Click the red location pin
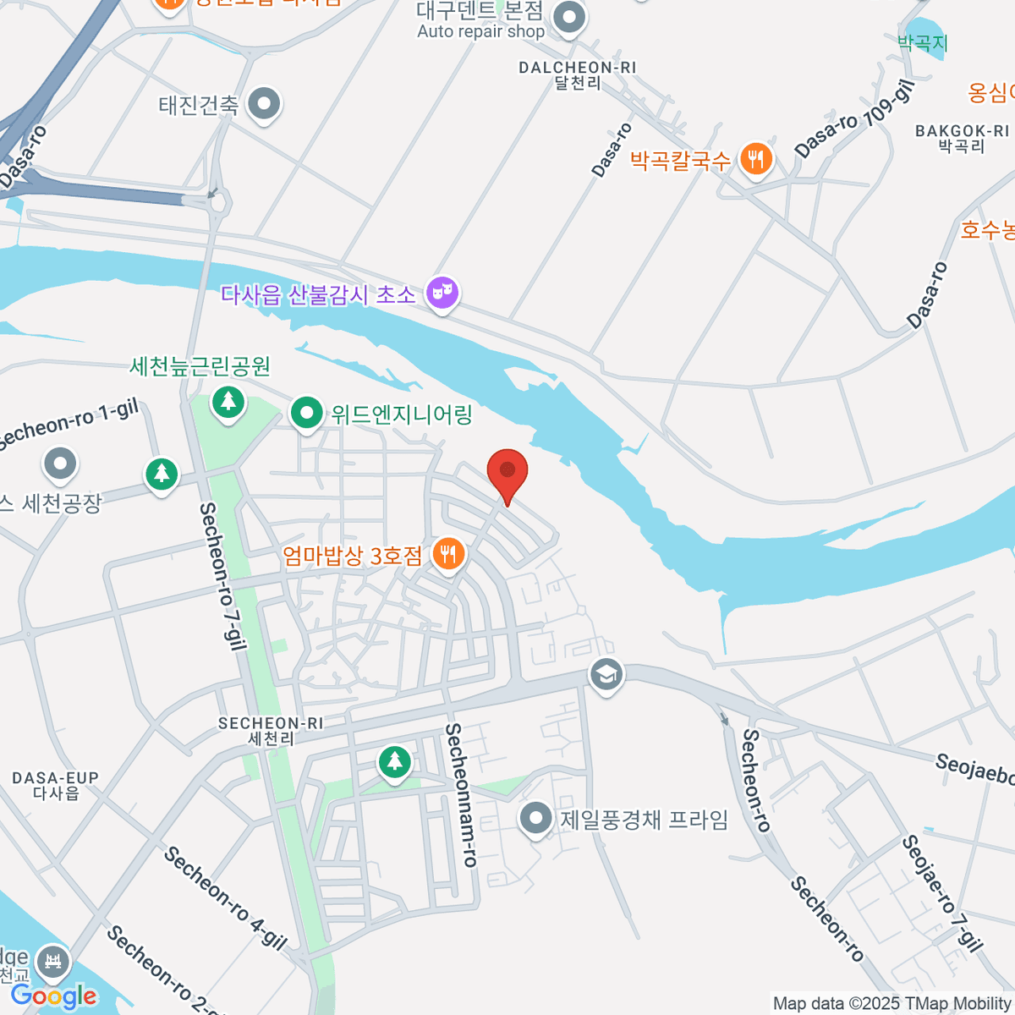click(x=507, y=472)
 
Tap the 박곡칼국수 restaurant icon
click(x=755, y=158)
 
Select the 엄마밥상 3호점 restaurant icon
click(x=448, y=554)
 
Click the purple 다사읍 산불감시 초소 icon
click(x=442, y=293)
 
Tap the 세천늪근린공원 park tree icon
click(x=228, y=401)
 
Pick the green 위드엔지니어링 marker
click(x=306, y=414)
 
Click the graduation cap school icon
click(x=606, y=675)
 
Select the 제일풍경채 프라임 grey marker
click(x=535, y=818)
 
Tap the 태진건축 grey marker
click(x=265, y=104)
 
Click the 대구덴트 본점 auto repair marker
click(x=569, y=17)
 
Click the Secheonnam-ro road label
click(x=462, y=794)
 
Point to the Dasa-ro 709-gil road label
click(x=854, y=119)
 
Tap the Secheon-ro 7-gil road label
click(x=222, y=576)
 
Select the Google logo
click(x=54, y=996)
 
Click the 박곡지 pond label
click(x=922, y=42)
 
